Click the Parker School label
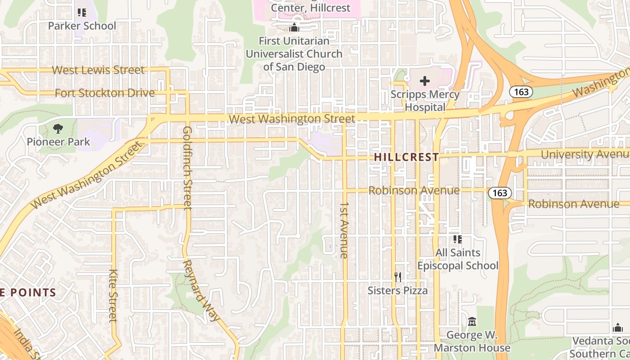click(82, 26)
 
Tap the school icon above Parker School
click(81, 12)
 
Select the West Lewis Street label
click(99, 70)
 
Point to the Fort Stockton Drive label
click(104, 93)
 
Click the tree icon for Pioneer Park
click(58, 129)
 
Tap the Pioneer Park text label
click(58, 142)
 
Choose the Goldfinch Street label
click(188, 168)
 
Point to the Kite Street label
click(113, 296)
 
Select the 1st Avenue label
click(344, 230)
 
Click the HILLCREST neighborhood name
click(406, 157)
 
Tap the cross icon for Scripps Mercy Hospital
click(424, 81)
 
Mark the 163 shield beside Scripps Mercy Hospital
click(521, 92)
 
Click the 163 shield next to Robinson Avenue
click(499, 193)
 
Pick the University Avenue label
click(585, 154)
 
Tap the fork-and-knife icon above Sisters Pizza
click(397, 277)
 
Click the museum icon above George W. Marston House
click(472, 322)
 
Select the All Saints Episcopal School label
click(458, 259)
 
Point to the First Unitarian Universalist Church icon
click(294, 27)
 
